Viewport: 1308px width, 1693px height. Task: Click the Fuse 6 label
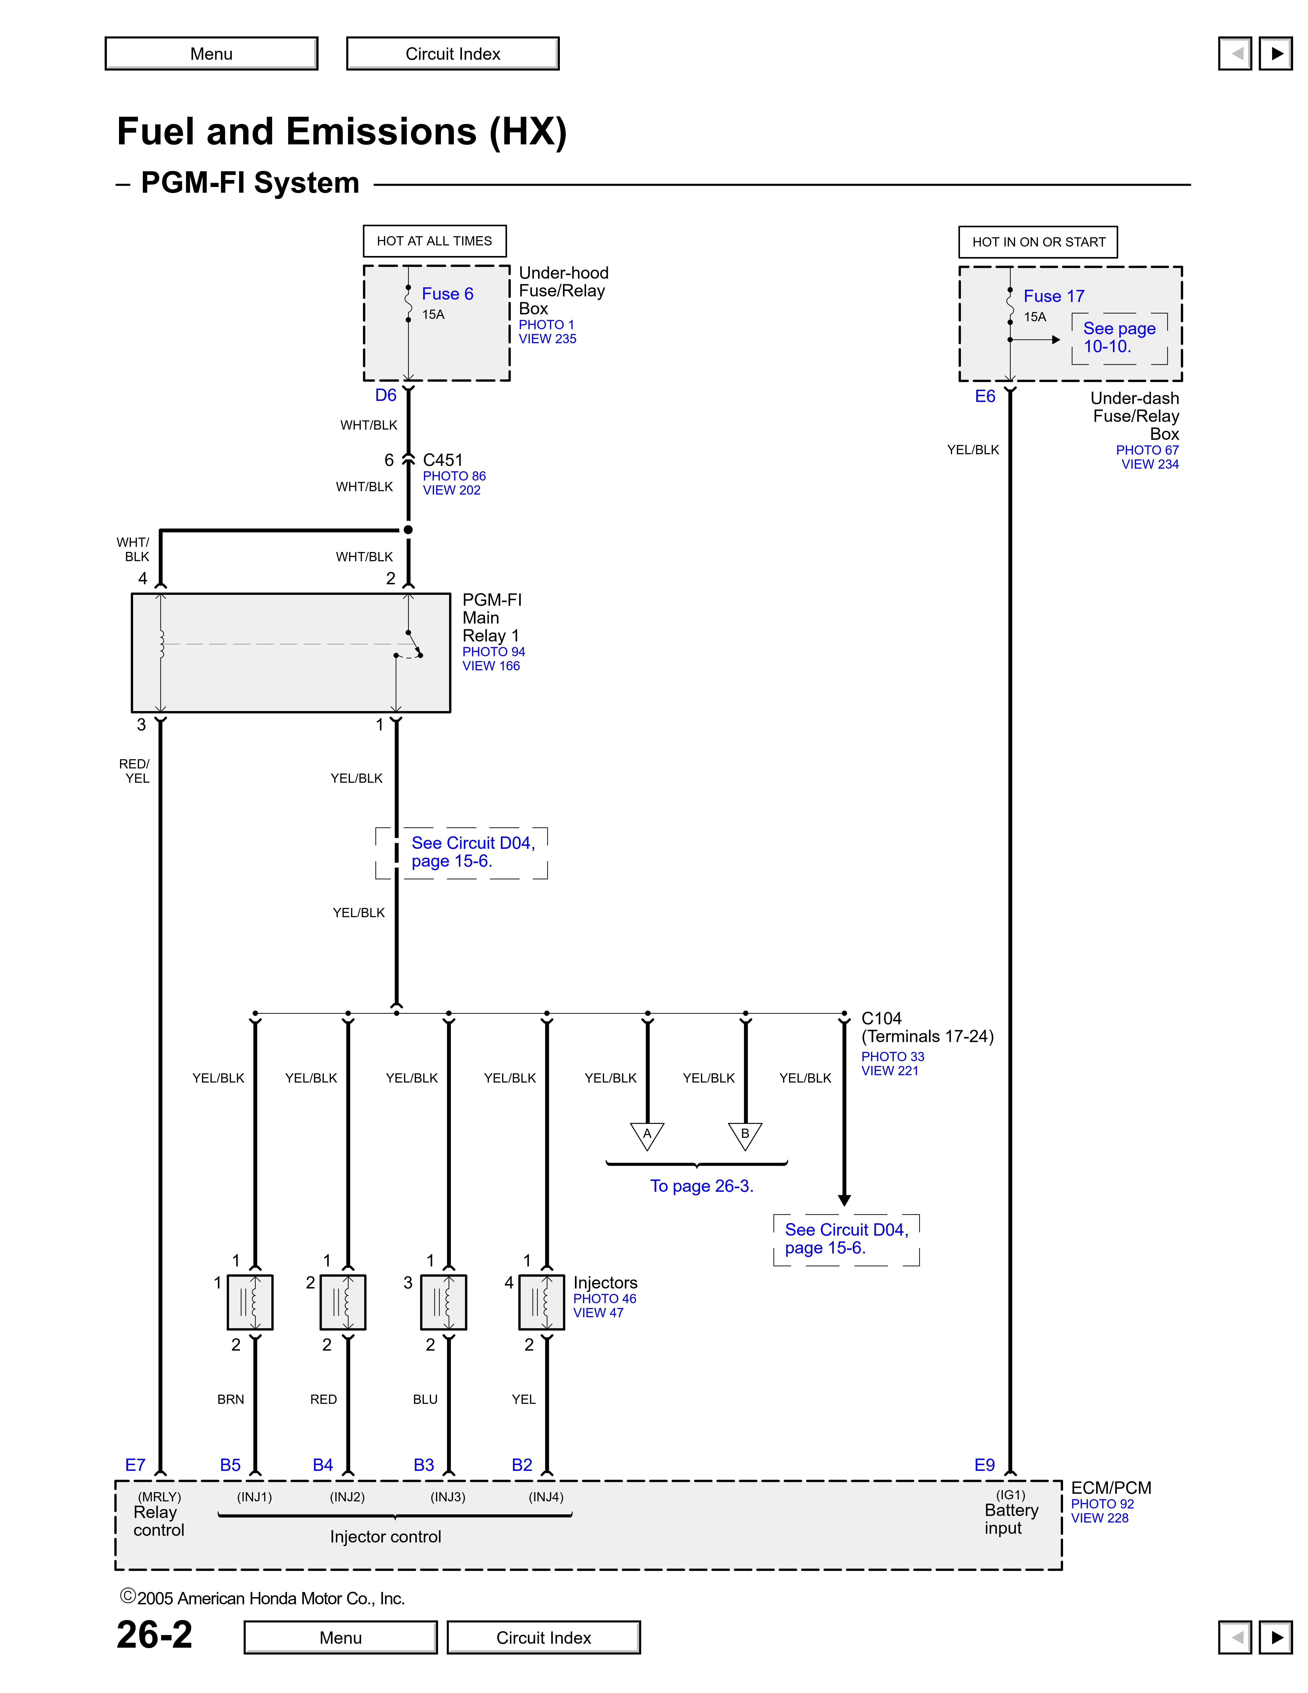coord(447,294)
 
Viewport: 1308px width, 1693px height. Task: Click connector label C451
coord(442,460)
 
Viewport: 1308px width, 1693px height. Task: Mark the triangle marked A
coord(647,1135)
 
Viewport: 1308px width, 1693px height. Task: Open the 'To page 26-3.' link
coord(701,1186)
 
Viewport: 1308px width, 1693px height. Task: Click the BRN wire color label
coord(230,1399)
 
